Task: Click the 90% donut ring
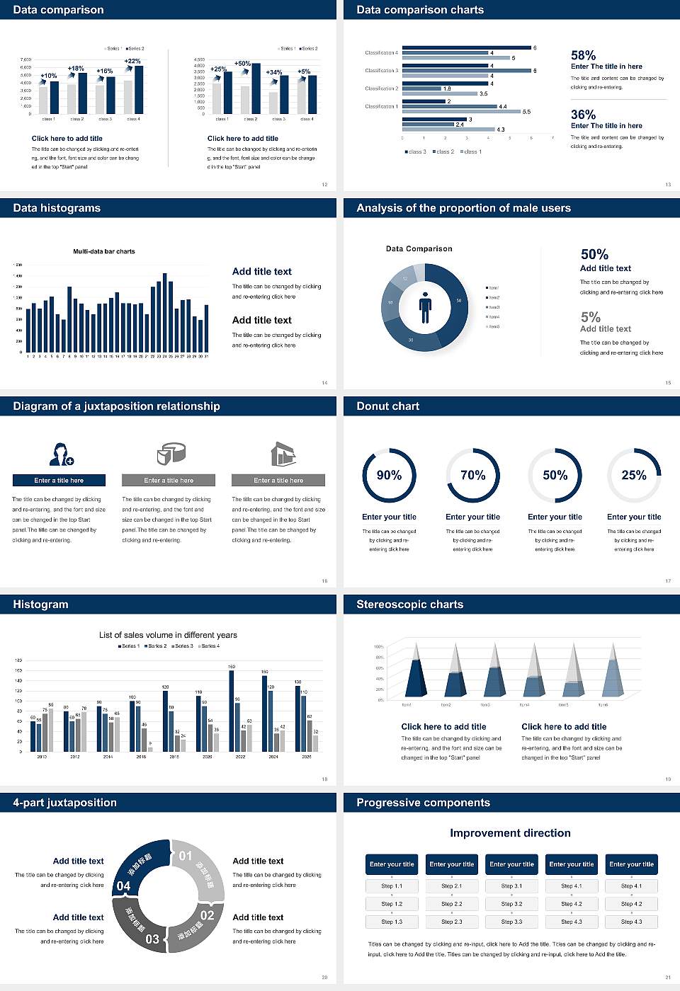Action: pyautogui.click(x=389, y=475)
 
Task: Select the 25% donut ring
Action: pyautogui.click(x=634, y=475)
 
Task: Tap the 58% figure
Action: pyautogui.click(x=583, y=55)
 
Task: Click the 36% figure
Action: pyautogui.click(x=583, y=115)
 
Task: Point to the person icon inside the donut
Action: pyautogui.click(x=425, y=307)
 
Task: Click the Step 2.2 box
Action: pyautogui.click(x=452, y=904)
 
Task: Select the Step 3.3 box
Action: pyautogui.click(x=511, y=922)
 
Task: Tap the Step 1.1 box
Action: pyautogui.click(x=392, y=886)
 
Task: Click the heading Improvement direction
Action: pyautogui.click(x=510, y=833)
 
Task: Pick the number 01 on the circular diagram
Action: pyautogui.click(x=186, y=856)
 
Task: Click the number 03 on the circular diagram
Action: pyautogui.click(x=152, y=939)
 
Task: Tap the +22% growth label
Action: pyautogui.click(x=132, y=61)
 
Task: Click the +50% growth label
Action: pyautogui.click(x=242, y=63)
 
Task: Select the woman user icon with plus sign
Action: pyautogui.click(x=61, y=454)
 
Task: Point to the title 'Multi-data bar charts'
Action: pyautogui.click(x=104, y=251)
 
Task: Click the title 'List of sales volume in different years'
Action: pyautogui.click(x=168, y=635)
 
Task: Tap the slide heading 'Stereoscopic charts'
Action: pyautogui.click(x=409, y=605)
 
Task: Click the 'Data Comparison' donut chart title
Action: pyautogui.click(x=419, y=248)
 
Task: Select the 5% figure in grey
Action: pyautogui.click(x=590, y=316)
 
